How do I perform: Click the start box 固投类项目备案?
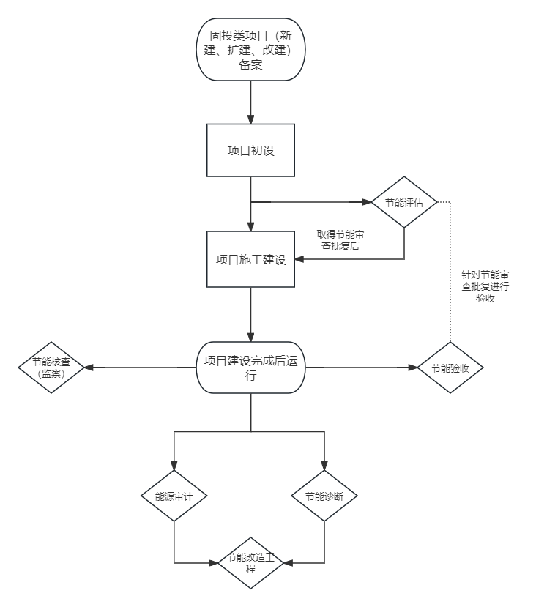tap(250, 49)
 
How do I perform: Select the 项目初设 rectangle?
tap(250, 150)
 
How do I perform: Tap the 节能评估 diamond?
tap(404, 203)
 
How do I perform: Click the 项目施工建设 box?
tap(250, 259)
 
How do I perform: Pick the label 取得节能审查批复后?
tap(340, 240)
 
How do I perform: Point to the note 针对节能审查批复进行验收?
tap(485, 286)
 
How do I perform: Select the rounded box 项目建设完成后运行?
tap(250, 368)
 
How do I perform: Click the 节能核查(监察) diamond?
tap(51, 368)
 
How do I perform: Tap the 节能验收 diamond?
tap(450, 368)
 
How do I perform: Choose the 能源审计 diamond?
tap(174, 496)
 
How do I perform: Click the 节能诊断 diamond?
tap(324, 496)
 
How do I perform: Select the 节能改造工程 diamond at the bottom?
tap(250, 563)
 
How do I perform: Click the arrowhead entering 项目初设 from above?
tap(250, 119)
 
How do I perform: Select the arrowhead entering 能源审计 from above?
tap(174, 466)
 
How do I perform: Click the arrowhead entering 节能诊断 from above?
tap(324, 466)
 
